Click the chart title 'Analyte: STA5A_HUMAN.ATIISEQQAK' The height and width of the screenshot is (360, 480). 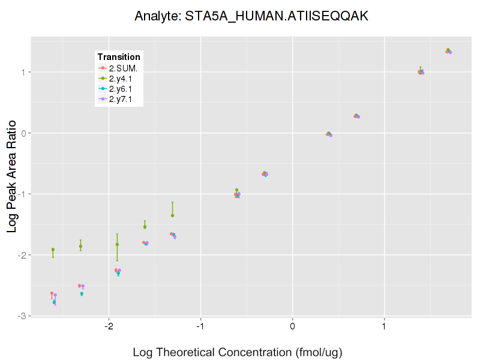click(251, 16)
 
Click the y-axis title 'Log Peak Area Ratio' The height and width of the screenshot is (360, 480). click(12, 175)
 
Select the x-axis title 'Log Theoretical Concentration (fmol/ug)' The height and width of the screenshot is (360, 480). click(238, 352)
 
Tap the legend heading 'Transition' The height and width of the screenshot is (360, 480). click(119, 57)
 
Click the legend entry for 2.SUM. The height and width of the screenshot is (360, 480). click(123, 68)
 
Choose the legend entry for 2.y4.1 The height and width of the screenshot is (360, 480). click(123, 78)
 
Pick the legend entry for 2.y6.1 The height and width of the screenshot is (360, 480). click(123, 89)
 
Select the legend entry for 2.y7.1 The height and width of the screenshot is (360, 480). click(123, 99)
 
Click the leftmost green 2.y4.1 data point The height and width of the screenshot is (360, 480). click(53, 250)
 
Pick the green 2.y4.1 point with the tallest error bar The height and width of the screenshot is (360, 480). click(117, 244)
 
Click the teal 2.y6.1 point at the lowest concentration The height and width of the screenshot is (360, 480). click(54, 302)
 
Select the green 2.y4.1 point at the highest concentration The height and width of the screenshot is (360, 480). click(448, 50)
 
